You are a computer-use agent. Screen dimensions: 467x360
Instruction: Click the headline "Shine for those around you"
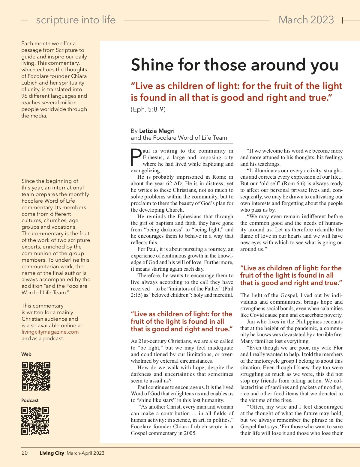coord(234,65)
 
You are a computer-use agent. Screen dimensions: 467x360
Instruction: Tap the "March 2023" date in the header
coord(306,20)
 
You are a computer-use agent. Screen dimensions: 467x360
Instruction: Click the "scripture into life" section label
coord(76,20)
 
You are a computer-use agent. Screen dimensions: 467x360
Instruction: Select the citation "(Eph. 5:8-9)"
coord(148,109)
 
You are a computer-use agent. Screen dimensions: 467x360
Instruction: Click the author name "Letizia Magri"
coord(157,131)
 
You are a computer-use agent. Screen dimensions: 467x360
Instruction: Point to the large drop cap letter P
coord(136,157)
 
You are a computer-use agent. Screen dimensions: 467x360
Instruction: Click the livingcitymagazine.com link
coord(50,332)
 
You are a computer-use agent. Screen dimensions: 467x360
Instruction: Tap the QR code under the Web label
coord(36,376)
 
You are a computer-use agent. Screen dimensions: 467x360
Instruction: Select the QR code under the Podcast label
coord(35,421)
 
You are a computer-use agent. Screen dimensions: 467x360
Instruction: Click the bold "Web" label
coord(26,354)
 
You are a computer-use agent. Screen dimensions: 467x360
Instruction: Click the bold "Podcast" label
coord(30,400)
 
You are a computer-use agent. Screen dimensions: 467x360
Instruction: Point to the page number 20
coord(25,453)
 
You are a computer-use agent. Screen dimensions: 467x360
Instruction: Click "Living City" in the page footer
coord(52,453)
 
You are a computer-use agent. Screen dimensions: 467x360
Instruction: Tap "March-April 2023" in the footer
coord(85,453)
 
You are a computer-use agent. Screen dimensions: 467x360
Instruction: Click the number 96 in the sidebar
coord(24,96)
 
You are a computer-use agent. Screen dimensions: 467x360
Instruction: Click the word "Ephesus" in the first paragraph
coord(153,157)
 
